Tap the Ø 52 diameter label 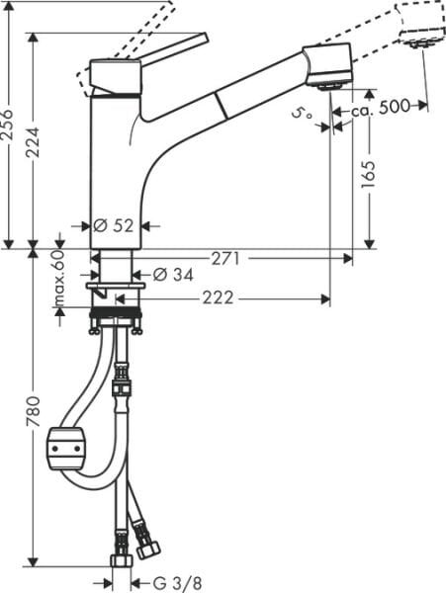click(115, 225)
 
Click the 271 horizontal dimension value click(225, 259)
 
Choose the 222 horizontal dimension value click(218, 297)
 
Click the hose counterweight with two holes click(68, 451)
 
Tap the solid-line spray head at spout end click(328, 66)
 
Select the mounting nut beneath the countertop click(116, 319)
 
